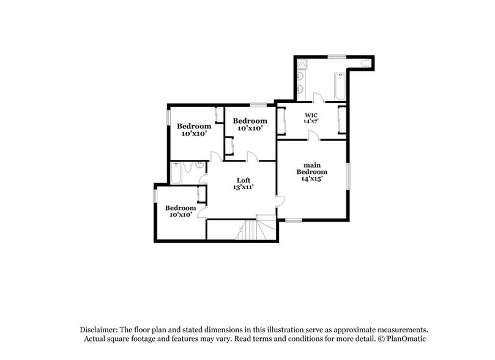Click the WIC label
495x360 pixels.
coord(310,114)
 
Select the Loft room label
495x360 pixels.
coord(244,180)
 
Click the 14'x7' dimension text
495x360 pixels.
coord(310,121)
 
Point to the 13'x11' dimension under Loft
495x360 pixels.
coord(244,187)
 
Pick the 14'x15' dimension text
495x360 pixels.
coord(310,179)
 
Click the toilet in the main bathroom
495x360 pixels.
coord(366,64)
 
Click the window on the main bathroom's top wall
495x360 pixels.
coord(337,56)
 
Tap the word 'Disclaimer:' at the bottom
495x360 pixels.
coord(102,329)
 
